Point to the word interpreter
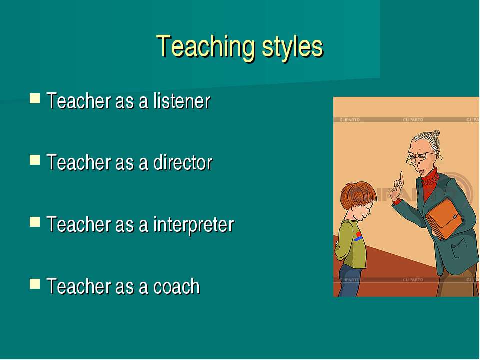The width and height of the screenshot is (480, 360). coord(194,225)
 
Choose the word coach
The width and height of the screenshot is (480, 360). coord(176,286)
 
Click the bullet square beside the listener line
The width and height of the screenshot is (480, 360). coord(35,98)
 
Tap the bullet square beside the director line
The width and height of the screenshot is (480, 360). coord(35,160)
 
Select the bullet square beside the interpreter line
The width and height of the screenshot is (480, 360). coord(35,222)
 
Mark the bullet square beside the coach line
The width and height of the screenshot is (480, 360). coord(35,284)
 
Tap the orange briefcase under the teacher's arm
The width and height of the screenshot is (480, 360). coord(444,218)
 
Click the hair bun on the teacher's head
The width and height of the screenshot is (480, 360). coord(437,133)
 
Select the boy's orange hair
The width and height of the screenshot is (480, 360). coord(358,195)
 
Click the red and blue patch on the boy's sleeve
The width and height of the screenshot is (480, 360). coord(358,236)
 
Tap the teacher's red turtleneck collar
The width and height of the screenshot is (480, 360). coord(430,177)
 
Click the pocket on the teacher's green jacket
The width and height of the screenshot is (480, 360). coord(460,248)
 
